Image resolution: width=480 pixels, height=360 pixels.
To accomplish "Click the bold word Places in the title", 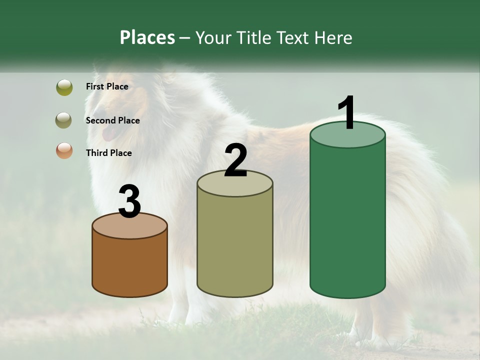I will (x=147, y=37).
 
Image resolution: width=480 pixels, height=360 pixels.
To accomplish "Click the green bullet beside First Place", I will (x=64, y=87).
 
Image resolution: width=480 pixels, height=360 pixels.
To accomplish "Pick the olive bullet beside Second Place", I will (x=63, y=120).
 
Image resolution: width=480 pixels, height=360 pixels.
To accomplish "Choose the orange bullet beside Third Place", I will (x=64, y=150).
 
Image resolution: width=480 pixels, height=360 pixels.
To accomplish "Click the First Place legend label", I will (x=107, y=86).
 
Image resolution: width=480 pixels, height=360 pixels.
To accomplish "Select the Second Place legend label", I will (x=112, y=120).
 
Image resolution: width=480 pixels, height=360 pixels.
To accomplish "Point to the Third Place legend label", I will (x=108, y=153).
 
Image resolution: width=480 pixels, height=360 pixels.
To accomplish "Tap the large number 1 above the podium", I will (x=346, y=113).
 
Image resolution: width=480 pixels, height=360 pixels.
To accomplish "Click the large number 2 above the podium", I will (x=235, y=160).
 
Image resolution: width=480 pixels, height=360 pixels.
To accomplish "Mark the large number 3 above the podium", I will (x=129, y=202).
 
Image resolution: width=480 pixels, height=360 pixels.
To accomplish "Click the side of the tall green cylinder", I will (x=347, y=220).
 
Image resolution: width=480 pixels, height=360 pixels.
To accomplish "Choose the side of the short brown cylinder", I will (x=129, y=265).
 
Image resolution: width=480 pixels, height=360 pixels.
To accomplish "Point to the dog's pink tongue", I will (x=107, y=134).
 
